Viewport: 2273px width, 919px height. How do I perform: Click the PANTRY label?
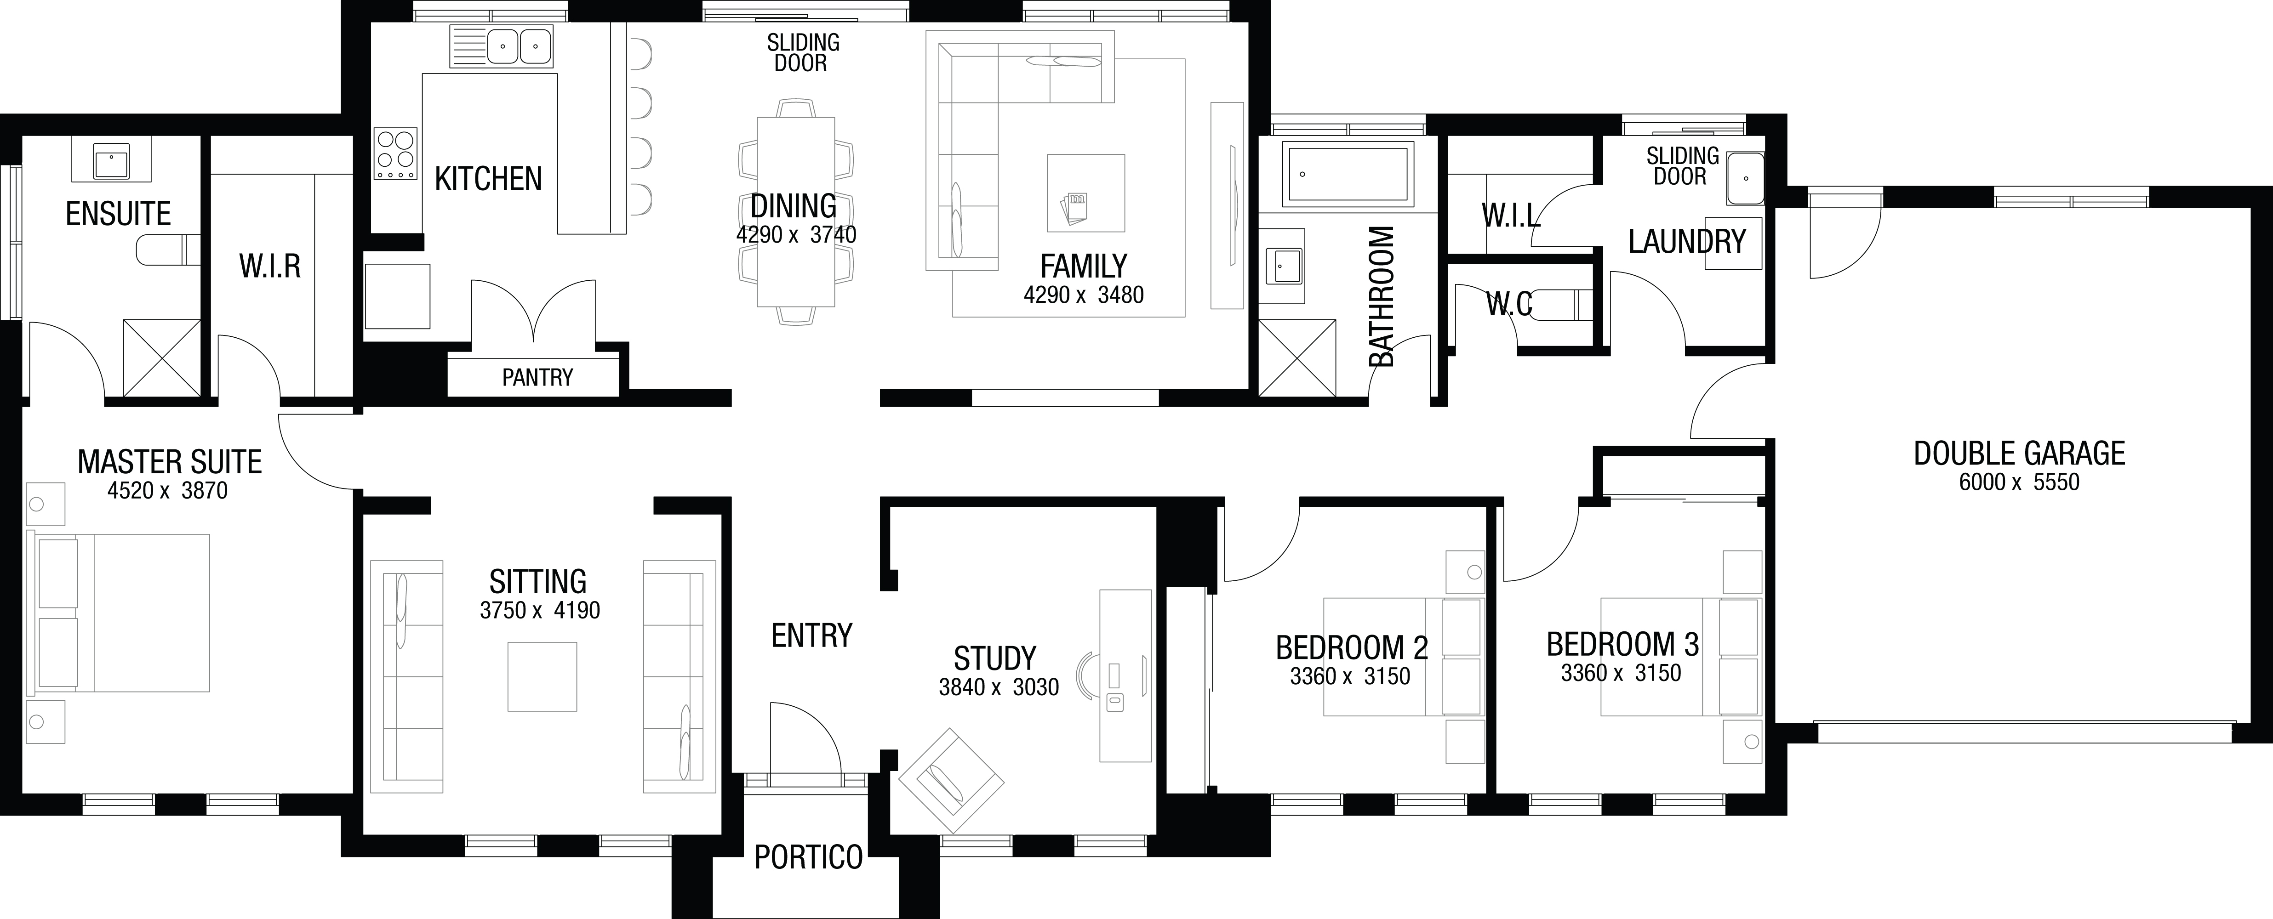pyautogui.click(x=537, y=377)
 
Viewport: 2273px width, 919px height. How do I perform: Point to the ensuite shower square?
pyautogui.click(x=161, y=358)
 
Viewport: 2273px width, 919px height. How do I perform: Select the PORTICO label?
pyautogui.click(x=808, y=857)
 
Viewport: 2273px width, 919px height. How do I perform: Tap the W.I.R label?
pyautogui.click(x=270, y=267)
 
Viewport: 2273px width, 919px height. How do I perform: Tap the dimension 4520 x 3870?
pyautogui.click(x=168, y=490)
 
